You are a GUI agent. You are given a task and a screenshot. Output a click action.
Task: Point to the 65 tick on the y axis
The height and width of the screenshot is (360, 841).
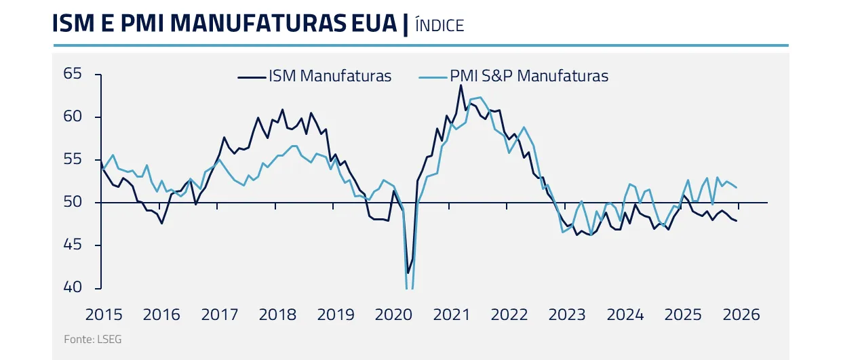point(73,74)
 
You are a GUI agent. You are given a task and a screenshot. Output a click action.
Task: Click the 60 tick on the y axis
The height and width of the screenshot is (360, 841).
point(73,117)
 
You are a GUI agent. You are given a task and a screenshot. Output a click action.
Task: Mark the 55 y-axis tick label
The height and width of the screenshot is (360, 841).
point(73,159)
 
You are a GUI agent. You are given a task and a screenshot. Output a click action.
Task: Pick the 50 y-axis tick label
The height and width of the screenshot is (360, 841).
point(73,202)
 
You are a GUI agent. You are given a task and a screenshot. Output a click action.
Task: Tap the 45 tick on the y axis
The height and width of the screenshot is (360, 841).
point(73,245)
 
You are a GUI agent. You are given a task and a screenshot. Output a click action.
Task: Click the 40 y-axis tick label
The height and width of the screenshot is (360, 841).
point(73,287)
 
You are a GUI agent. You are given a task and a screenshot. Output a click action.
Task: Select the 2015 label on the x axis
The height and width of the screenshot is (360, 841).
point(104,315)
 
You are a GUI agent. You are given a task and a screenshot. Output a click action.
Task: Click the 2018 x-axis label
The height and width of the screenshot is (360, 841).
point(277,315)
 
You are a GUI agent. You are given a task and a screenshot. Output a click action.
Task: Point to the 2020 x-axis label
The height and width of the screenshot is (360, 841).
point(394,315)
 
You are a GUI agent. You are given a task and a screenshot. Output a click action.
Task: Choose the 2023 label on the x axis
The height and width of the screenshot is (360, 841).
point(567,315)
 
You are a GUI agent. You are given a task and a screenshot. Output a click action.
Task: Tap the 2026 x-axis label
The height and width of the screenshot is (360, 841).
point(741,315)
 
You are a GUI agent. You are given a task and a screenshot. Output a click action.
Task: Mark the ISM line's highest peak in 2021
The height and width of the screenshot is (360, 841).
point(461,85)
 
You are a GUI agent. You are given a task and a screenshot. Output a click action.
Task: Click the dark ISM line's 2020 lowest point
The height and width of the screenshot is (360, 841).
point(408,273)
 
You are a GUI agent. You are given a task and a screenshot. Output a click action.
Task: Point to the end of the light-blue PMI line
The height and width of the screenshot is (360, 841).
point(737,188)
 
